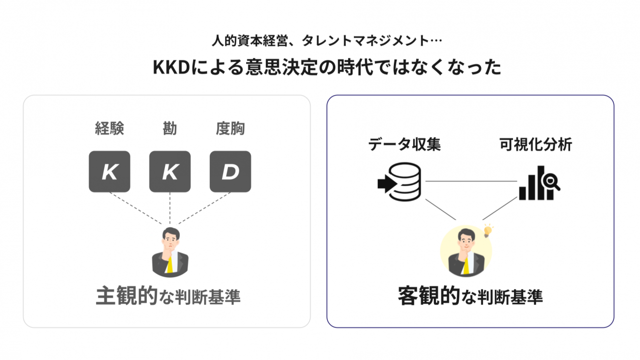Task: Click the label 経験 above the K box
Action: tap(109, 128)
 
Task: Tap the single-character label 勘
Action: tap(170, 128)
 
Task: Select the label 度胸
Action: tap(230, 128)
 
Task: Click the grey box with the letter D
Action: tap(230, 171)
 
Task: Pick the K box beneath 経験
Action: tap(109, 171)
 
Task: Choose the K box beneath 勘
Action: tap(170, 171)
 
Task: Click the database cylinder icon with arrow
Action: tap(399, 182)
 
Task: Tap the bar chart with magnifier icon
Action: tap(540, 183)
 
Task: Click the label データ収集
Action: tap(404, 144)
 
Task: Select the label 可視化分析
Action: tap(536, 144)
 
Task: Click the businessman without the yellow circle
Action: tap(170, 252)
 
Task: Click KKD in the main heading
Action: tap(172, 67)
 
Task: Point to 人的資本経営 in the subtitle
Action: tap(250, 40)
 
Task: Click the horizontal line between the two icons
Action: tap(471, 181)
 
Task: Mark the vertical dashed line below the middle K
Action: tap(170, 208)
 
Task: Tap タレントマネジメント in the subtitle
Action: tap(365, 40)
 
